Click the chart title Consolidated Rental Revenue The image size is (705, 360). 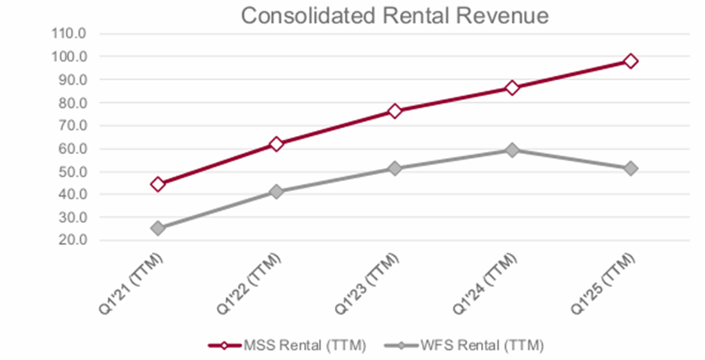pos(395,16)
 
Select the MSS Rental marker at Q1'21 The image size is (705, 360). pos(158,184)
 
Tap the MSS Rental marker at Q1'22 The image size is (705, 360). pos(276,144)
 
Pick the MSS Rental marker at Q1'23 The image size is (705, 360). pos(394,111)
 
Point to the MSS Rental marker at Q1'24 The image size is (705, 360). pos(512,87)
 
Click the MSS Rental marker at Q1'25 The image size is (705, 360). pos(630,61)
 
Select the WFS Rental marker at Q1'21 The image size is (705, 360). pos(158,228)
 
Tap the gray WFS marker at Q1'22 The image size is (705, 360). pos(276,191)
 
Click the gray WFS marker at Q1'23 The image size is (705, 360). pos(394,168)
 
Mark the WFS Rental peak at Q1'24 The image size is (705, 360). pos(512,149)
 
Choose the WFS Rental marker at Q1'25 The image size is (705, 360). pos(630,168)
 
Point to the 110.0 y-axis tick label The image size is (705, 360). pos(71,34)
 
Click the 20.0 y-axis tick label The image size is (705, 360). pos(73,241)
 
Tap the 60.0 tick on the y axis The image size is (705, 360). pos(73,149)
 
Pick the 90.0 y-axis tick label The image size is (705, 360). pos(73,79)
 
